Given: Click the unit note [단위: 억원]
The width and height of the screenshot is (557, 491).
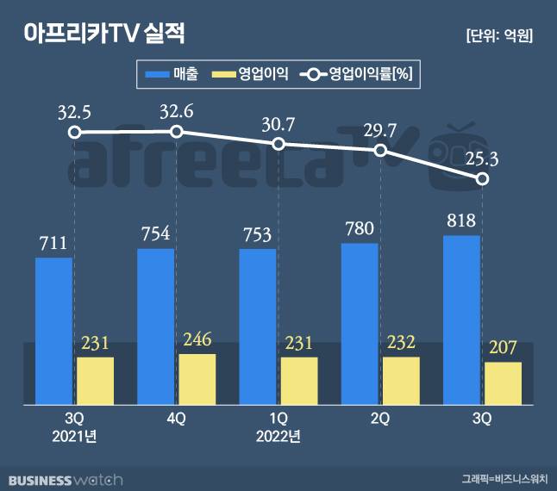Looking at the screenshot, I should (498, 35).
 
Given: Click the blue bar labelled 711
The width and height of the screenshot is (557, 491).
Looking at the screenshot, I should (54, 331).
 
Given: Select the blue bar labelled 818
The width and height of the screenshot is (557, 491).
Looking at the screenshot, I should (461, 320).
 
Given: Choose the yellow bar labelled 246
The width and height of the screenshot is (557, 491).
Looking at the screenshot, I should (197, 379).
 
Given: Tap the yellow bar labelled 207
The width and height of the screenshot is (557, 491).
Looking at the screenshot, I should (503, 383).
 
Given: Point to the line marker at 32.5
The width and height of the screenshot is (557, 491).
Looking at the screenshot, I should (75, 133).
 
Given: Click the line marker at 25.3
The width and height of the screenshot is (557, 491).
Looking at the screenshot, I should (483, 179).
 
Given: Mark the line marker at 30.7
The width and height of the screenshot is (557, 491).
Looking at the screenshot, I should (278, 144).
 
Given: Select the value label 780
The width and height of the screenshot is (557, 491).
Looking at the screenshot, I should (360, 229).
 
